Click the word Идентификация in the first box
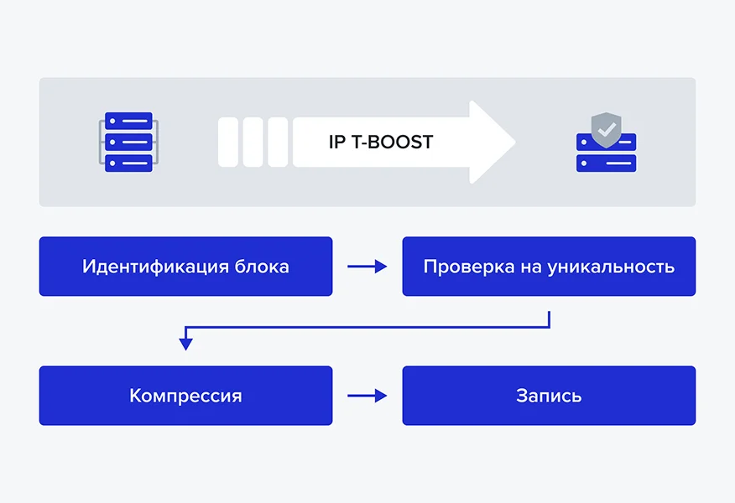(x=144, y=267)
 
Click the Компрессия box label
(x=185, y=396)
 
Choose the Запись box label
(x=549, y=396)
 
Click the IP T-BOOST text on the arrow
(x=381, y=142)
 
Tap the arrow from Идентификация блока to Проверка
(x=367, y=267)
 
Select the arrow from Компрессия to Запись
(x=367, y=396)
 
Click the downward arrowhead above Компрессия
(x=186, y=343)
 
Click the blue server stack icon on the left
(x=128, y=142)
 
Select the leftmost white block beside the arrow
(x=228, y=142)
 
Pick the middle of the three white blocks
(x=253, y=142)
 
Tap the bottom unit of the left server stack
(x=128, y=163)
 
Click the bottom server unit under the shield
(x=606, y=163)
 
